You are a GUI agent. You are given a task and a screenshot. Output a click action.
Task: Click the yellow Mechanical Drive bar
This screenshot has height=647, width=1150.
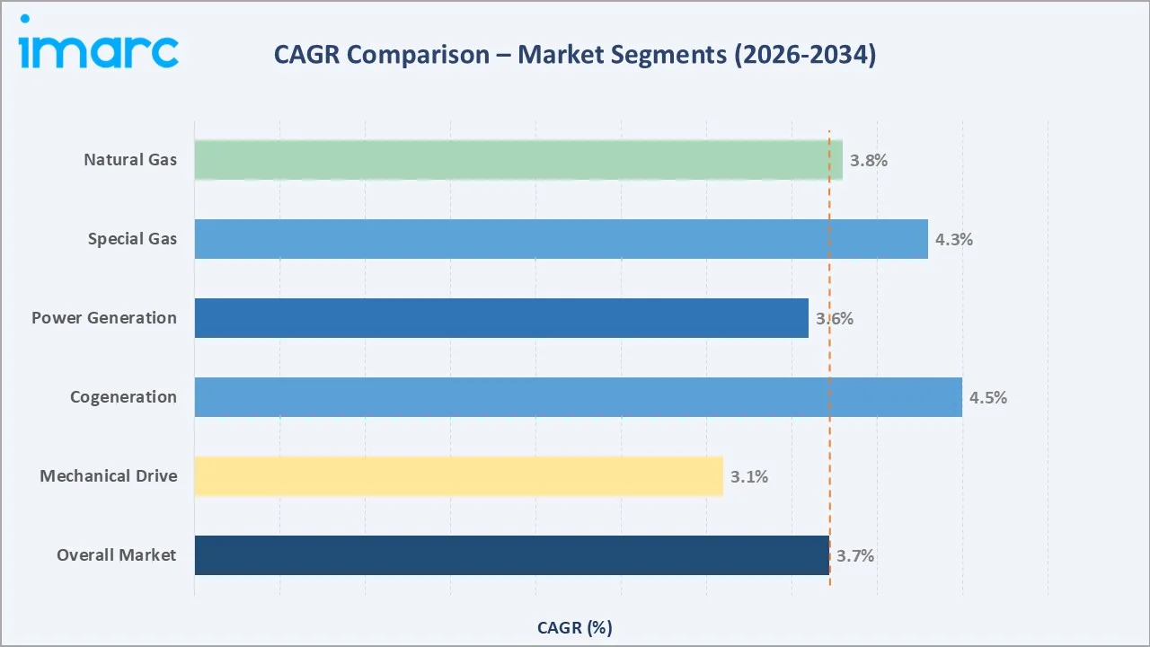point(458,476)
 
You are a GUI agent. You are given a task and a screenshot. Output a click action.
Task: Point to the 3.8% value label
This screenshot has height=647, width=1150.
point(869,161)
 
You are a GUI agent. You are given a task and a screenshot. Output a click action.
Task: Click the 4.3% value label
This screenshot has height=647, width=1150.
point(954,240)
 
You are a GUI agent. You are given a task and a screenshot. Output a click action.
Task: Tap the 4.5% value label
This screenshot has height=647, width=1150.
point(988,398)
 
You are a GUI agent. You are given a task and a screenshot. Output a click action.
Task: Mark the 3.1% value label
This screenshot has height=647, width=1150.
point(749,477)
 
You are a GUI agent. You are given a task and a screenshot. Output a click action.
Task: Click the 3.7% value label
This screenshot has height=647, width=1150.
point(855,556)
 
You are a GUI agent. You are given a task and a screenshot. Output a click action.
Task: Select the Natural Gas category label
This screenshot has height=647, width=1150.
point(130,160)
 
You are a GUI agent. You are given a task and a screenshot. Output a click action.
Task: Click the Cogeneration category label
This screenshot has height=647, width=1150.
point(123,397)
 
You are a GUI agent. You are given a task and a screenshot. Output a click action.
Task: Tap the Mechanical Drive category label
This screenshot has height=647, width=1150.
point(108,476)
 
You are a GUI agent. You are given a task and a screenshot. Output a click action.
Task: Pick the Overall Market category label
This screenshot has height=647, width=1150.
point(116,555)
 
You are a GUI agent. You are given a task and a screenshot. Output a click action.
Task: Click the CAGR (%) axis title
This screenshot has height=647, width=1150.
point(575,628)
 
